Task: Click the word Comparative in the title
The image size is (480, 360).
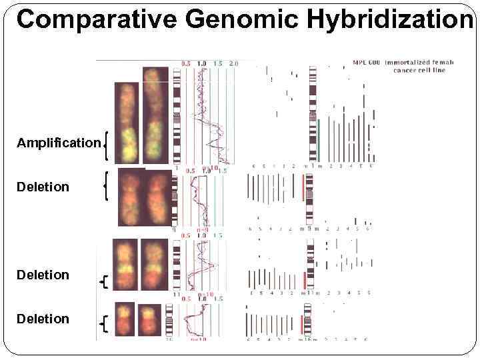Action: point(97,19)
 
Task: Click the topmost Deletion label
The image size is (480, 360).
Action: point(43,187)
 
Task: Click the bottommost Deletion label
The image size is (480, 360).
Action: point(43,319)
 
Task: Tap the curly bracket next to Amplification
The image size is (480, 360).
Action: point(107,145)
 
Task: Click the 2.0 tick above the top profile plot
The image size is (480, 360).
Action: point(234,63)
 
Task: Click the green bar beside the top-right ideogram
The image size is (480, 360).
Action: point(319,141)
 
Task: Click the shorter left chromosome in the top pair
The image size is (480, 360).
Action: point(125,123)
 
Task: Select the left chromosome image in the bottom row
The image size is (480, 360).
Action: point(124,319)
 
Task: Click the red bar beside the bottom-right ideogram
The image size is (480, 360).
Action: point(303,325)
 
